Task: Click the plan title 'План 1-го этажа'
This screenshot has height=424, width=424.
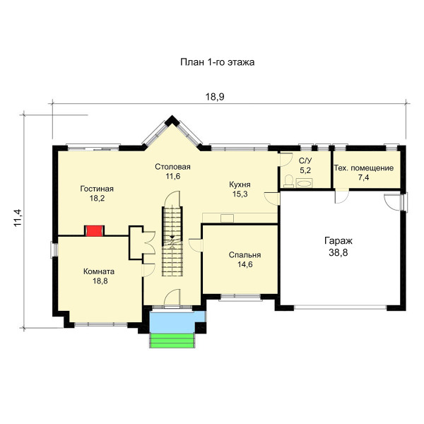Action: (x=218, y=62)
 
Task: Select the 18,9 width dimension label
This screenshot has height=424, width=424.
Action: (x=215, y=97)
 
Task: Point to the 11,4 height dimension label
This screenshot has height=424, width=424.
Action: (x=18, y=218)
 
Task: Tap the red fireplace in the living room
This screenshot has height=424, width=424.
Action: (x=95, y=230)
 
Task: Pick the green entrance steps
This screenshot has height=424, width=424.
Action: (x=172, y=341)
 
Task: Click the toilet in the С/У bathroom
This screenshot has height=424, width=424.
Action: (x=289, y=181)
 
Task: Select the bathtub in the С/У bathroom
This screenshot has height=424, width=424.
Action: (x=305, y=183)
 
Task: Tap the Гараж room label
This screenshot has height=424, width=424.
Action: (x=338, y=241)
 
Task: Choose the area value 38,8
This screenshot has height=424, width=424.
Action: (x=338, y=252)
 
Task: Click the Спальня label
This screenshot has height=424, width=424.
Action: (x=245, y=255)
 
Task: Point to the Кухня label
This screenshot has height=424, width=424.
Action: (x=240, y=184)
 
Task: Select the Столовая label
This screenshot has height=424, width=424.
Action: (x=173, y=167)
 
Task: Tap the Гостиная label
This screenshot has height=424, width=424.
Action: (x=97, y=189)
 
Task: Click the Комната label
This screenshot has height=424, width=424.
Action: (x=99, y=271)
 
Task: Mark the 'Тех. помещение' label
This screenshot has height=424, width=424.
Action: (x=364, y=168)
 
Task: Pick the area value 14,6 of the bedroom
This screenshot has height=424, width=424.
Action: (x=245, y=264)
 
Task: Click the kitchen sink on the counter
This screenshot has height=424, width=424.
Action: (x=227, y=218)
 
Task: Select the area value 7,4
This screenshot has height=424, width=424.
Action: (x=364, y=177)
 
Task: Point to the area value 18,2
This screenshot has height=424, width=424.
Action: (x=97, y=199)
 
